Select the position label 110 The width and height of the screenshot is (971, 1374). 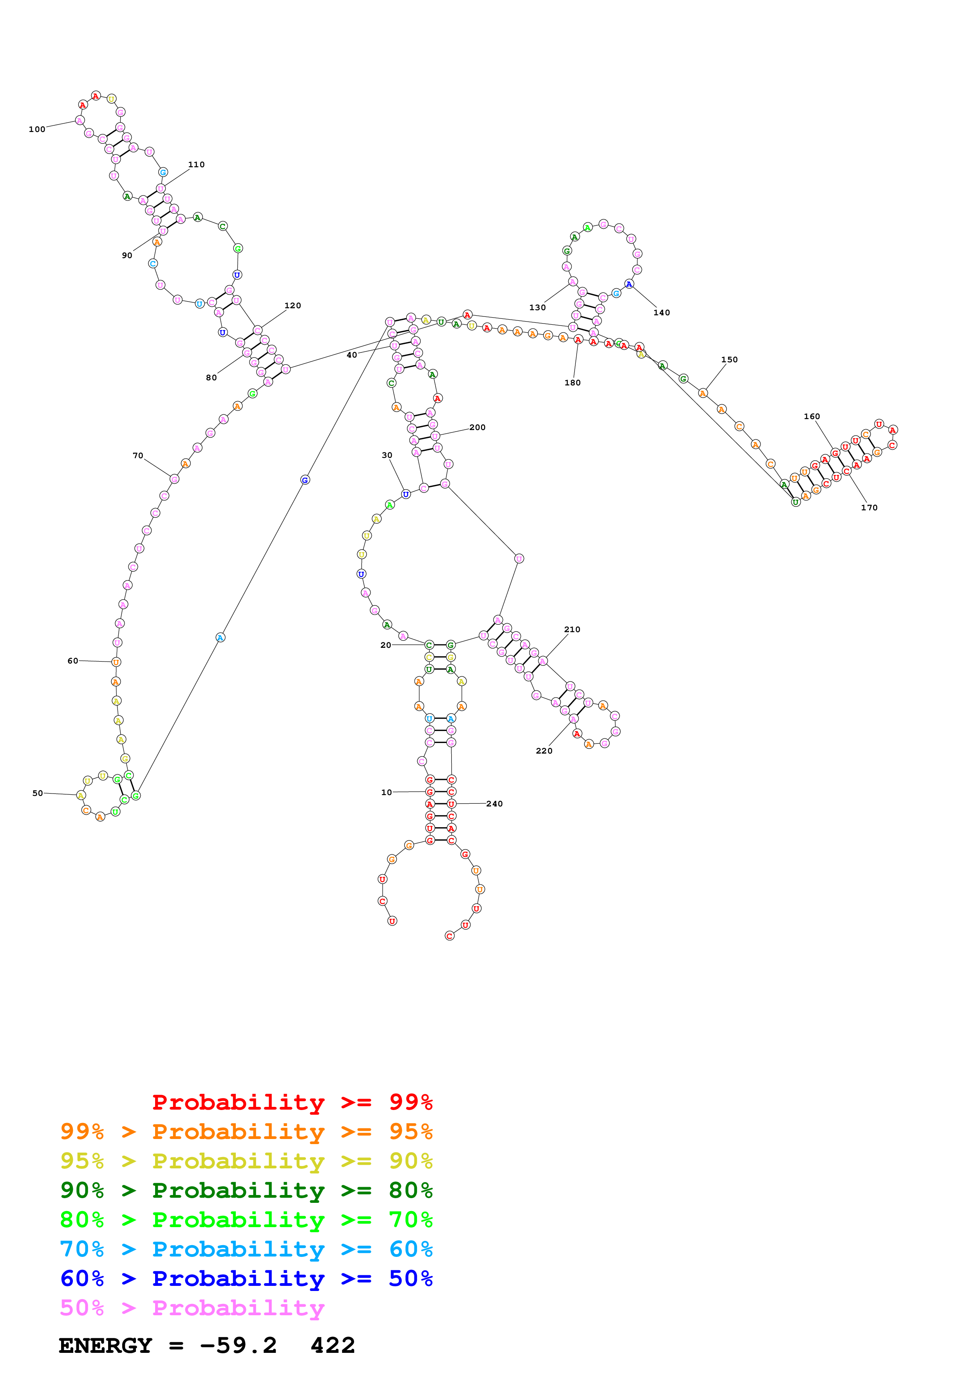click(196, 165)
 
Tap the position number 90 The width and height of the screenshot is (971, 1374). click(127, 255)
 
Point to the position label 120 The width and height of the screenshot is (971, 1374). click(293, 306)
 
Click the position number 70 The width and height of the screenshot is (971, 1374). click(137, 456)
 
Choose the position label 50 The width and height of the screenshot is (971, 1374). click(38, 794)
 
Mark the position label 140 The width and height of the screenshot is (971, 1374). click(662, 313)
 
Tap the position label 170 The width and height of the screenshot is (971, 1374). click(869, 508)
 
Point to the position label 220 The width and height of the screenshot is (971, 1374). click(544, 751)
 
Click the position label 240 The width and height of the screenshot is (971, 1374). click(494, 804)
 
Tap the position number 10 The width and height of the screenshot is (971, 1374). click(387, 793)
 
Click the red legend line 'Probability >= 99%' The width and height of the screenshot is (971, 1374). click(292, 1102)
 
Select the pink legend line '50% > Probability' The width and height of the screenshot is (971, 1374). click(192, 1308)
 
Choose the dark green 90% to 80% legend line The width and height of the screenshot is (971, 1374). click(246, 1190)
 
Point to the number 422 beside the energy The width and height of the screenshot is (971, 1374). click(333, 1346)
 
